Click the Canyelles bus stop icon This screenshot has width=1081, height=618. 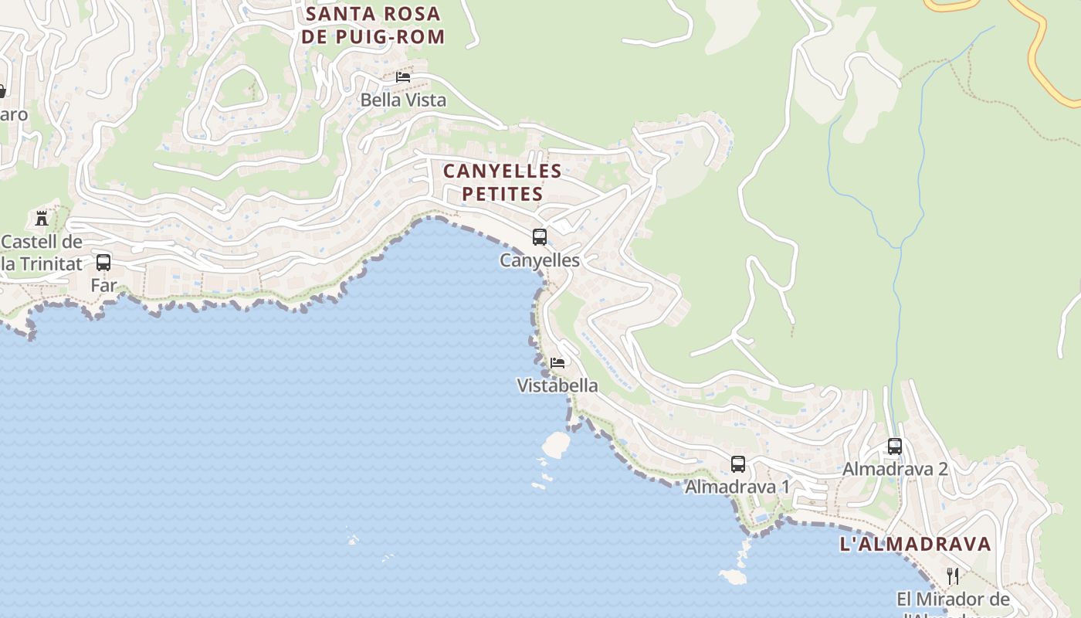point(540,237)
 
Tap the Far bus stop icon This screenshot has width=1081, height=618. point(103,263)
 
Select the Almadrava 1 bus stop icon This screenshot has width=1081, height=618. point(738,464)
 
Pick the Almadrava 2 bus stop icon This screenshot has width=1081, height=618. point(895,447)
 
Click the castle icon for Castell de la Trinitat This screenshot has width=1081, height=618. point(42,218)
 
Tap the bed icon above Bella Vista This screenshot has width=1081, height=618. point(403,77)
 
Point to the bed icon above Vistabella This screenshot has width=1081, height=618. point(557,362)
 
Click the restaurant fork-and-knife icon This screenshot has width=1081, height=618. point(953,576)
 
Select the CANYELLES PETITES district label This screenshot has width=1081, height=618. point(502,182)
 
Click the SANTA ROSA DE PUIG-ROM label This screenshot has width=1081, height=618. point(374,25)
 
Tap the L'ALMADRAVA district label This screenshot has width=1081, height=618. point(915,544)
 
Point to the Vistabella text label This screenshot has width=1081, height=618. point(557,385)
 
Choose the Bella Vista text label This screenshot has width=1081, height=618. point(403,100)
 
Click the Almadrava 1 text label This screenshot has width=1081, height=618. point(737,487)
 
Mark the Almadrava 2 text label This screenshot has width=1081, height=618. point(895,469)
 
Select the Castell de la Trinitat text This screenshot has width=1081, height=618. point(42,253)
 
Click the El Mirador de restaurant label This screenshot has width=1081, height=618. point(953,599)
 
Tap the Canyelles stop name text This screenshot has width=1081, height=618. point(540,260)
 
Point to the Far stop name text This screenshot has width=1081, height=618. point(103,286)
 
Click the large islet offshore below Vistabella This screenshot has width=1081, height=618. point(556,444)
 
